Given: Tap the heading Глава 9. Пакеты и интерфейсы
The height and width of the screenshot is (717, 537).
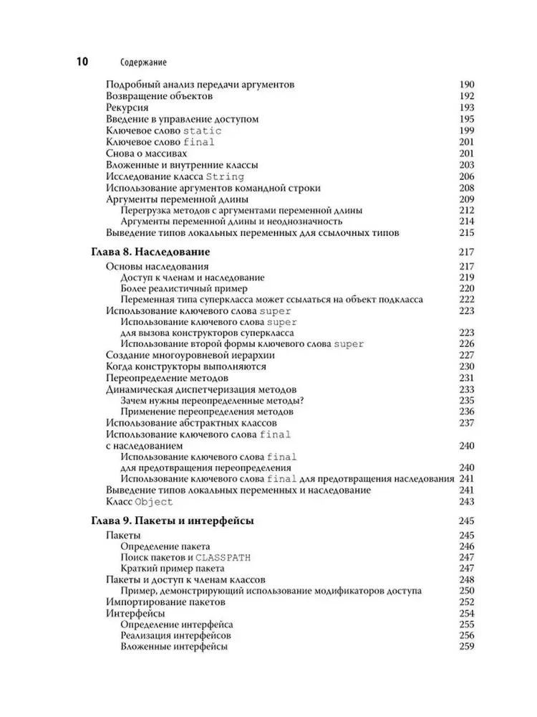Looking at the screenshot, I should [x=174, y=521].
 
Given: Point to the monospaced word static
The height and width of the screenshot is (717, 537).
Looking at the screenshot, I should [x=203, y=130].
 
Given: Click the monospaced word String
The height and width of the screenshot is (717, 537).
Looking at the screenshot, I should [x=225, y=176].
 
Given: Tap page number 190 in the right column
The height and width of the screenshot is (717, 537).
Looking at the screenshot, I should [x=467, y=85].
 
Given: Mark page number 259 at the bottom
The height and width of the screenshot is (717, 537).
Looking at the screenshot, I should [x=467, y=647].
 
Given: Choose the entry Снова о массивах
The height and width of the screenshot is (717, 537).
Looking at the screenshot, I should [x=146, y=153].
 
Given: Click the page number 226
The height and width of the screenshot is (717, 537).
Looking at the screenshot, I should [x=467, y=344].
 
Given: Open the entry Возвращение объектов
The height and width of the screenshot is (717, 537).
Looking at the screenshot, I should [x=158, y=96].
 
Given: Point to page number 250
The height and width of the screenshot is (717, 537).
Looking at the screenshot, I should [x=467, y=590].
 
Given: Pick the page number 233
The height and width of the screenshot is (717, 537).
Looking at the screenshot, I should [x=467, y=389].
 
